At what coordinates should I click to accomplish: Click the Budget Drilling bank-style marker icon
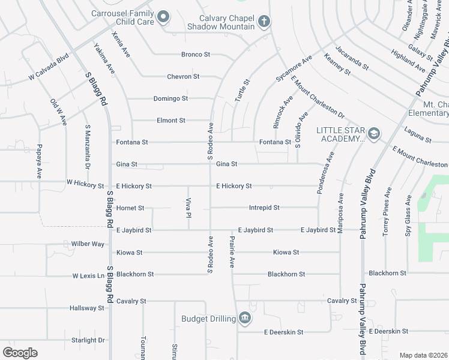(244, 318)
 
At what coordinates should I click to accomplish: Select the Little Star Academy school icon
(375, 133)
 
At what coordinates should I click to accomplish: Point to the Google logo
(20, 352)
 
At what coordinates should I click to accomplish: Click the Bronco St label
(196, 54)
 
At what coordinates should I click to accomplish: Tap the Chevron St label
(183, 76)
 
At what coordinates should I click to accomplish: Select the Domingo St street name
(170, 98)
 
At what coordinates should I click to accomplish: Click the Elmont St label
(170, 120)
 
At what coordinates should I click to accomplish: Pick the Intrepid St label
(264, 208)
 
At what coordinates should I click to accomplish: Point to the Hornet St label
(130, 208)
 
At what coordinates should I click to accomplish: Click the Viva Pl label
(188, 206)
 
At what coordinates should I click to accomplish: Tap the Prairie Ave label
(232, 251)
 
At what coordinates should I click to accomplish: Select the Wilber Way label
(88, 244)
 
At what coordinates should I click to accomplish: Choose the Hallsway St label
(87, 308)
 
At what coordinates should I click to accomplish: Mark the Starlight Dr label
(88, 340)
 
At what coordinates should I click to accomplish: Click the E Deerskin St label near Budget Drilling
(283, 332)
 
